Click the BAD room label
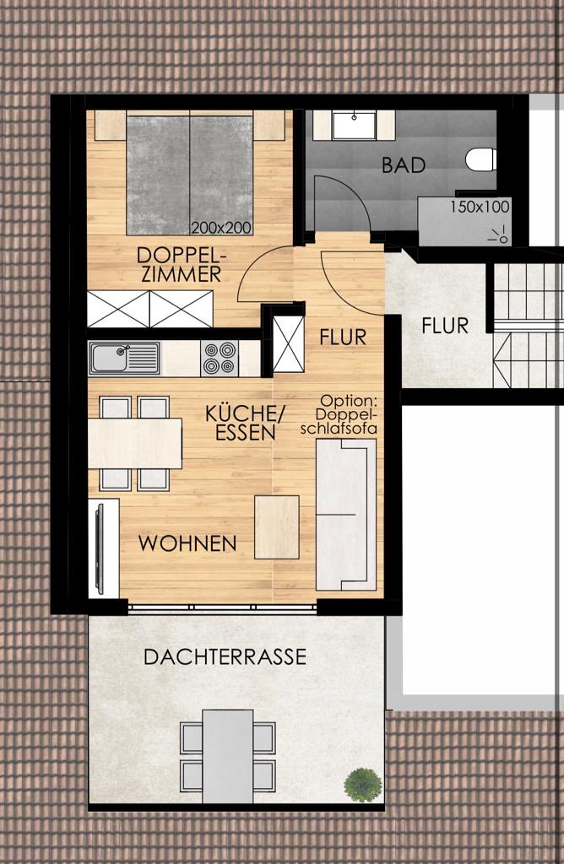[x=404, y=165]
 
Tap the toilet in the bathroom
[x=480, y=159]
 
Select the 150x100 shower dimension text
[x=480, y=208]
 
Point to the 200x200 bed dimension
[x=221, y=228]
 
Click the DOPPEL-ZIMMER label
[x=182, y=264]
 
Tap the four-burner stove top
[x=220, y=359]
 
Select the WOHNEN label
[x=187, y=543]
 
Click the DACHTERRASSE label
[x=225, y=656]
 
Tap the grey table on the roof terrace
[x=228, y=756]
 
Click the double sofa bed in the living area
[x=345, y=515]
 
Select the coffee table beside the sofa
[x=277, y=526]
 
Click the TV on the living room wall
[x=100, y=548]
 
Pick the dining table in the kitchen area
[x=135, y=444]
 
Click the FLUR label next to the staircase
[x=445, y=326]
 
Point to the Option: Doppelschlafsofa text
[x=339, y=414]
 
